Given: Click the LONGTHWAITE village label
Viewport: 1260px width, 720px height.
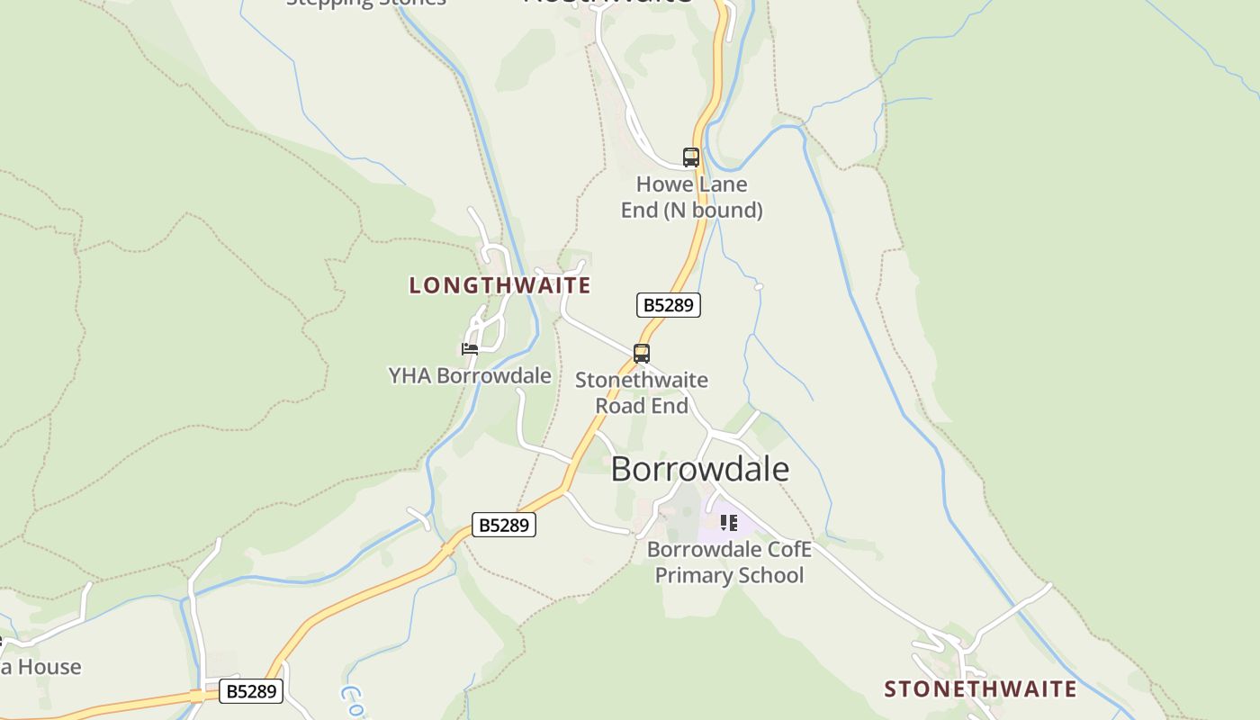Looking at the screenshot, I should (x=499, y=286).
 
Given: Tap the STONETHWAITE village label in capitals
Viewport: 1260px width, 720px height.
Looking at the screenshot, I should (x=980, y=689).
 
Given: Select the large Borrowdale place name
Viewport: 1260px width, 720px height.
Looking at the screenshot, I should (x=700, y=470).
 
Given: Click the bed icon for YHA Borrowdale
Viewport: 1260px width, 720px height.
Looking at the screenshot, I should (x=469, y=348).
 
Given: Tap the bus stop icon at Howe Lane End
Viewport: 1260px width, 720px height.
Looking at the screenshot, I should (x=690, y=157).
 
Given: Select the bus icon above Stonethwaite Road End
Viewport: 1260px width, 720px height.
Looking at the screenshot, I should (x=641, y=354).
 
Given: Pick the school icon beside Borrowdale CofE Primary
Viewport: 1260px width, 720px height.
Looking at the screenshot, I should (x=728, y=522).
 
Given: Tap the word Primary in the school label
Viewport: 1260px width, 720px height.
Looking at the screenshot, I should (x=690, y=575).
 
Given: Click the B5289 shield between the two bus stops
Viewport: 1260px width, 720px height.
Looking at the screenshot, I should (x=668, y=305).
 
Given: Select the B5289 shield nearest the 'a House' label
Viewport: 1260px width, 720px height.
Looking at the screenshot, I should (x=251, y=691).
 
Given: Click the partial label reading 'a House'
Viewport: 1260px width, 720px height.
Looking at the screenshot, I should (x=40, y=667).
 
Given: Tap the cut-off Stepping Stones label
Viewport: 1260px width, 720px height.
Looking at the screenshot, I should (x=366, y=3).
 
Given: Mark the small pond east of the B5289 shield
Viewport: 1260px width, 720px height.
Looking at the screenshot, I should (x=759, y=286).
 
